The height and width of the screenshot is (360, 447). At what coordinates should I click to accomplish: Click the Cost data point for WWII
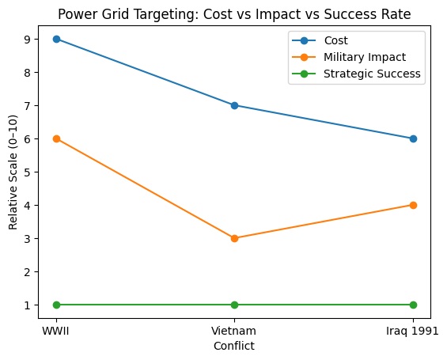click(x=56, y=39)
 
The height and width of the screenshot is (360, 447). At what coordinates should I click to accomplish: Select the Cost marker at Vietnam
click(x=234, y=105)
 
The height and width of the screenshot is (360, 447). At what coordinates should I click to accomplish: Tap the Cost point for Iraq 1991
click(x=412, y=138)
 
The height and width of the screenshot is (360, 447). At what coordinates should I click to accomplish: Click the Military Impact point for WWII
click(x=56, y=138)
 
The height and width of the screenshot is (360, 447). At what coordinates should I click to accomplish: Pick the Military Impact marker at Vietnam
click(x=234, y=238)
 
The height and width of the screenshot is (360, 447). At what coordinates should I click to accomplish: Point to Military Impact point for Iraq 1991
click(x=412, y=205)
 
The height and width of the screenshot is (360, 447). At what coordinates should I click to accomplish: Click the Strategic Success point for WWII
click(x=56, y=305)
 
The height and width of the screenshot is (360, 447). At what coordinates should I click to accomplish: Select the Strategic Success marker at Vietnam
click(x=234, y=305)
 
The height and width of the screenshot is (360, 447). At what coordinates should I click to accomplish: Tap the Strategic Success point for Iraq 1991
click(x=412, y=305)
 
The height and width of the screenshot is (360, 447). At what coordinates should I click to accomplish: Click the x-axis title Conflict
click(x=234, y=346)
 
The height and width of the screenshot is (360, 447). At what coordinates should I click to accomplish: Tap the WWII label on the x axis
click(x=56, y=329)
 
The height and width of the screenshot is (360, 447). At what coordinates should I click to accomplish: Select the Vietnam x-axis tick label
click(x=234, y=329)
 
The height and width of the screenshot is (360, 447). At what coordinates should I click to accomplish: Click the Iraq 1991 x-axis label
click(x=412, y=329)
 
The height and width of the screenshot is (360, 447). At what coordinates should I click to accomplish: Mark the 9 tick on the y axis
click(x=28, y=39)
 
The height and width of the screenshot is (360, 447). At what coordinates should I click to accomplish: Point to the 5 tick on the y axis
click(x=28, y=172)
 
